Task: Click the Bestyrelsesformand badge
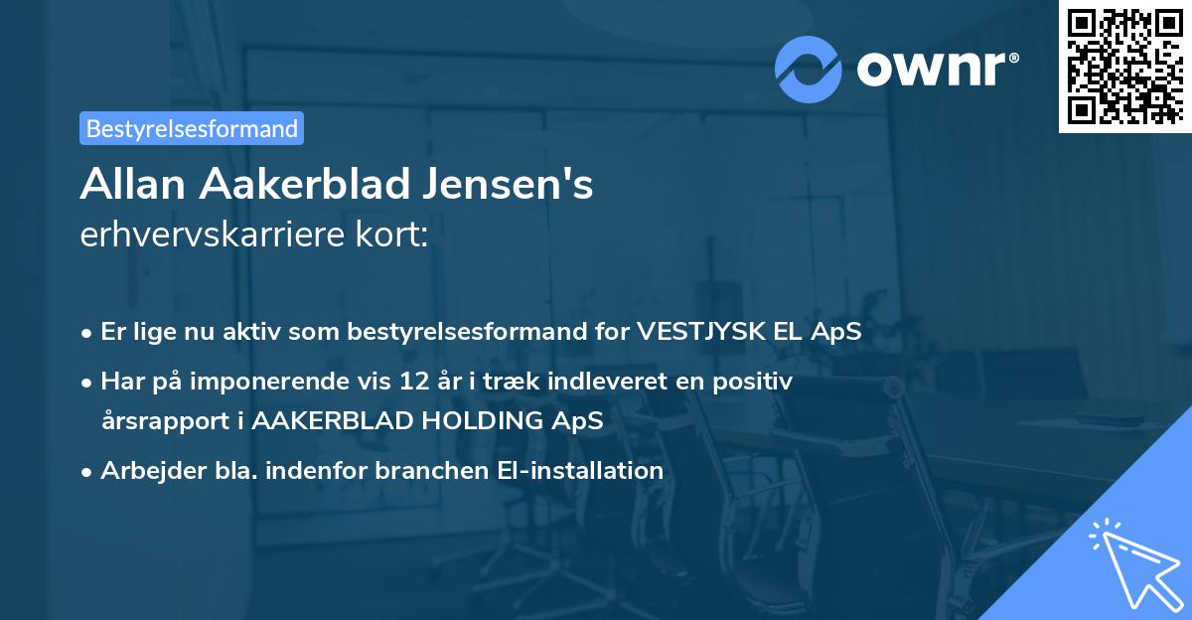point(192,128)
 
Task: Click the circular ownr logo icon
point(809,69)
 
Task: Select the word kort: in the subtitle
point(396,236)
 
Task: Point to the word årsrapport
point(163,420)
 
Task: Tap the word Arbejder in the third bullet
point(145,470)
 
